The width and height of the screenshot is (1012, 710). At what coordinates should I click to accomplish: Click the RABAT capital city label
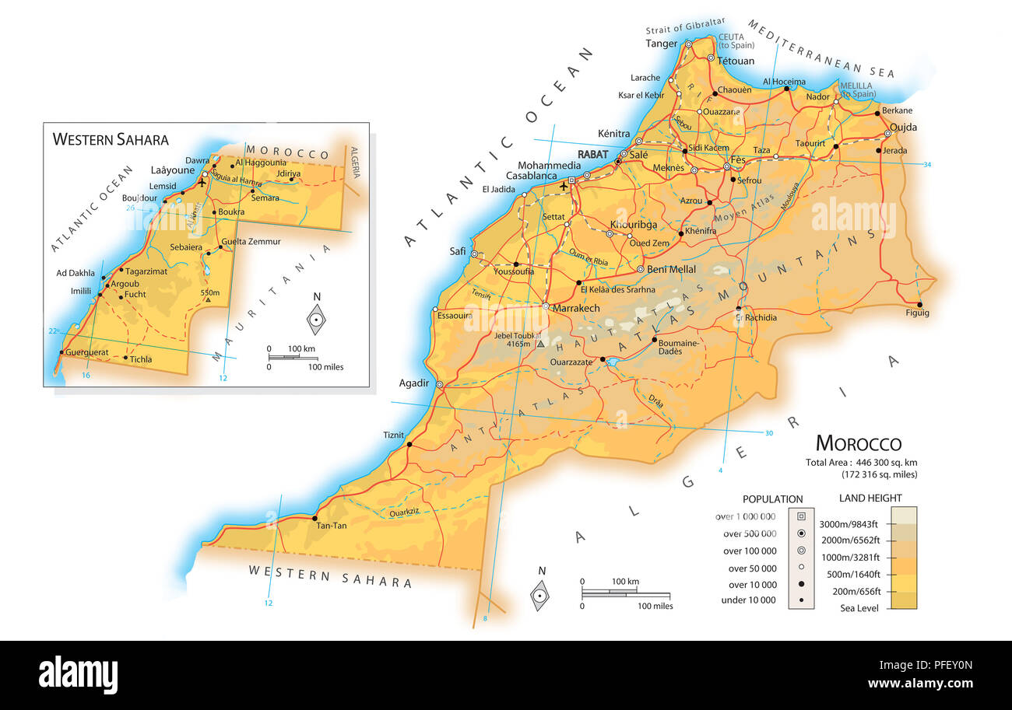[592, 154]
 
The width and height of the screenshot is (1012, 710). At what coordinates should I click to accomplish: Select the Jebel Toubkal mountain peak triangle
[540, 343]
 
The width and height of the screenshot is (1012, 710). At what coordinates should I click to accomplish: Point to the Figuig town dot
[919, 305]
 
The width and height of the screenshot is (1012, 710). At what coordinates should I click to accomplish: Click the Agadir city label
[413, 383]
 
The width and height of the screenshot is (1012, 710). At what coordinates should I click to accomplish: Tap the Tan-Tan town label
[332, 526]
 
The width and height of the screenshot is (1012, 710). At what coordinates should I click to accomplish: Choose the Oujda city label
[903, 127]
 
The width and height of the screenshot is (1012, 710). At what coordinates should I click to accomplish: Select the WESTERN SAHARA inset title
[110, 139]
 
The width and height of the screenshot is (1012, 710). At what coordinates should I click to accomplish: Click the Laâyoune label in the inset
[171, 169]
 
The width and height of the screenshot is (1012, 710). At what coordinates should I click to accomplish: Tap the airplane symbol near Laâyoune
[202, 183]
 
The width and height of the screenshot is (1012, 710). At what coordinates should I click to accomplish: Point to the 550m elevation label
[210, 292]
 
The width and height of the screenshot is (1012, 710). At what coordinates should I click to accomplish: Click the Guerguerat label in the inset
[87, 352]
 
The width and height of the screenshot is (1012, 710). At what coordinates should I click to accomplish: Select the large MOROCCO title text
[858, 443]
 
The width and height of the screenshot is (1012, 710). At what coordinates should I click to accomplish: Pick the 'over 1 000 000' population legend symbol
[801, 516]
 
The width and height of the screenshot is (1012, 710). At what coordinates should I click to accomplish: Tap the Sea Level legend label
[859, 608]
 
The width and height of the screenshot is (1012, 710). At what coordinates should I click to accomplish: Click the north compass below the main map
[539, 595]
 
